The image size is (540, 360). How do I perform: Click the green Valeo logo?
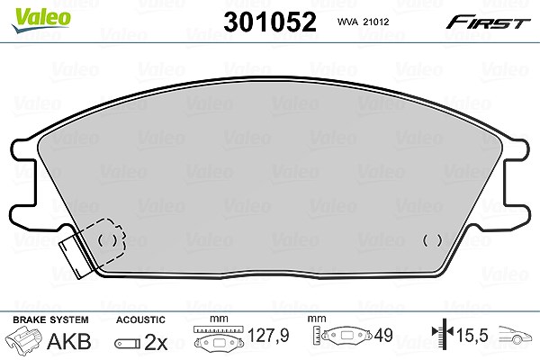(40, 20)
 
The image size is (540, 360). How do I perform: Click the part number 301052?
(270, 22)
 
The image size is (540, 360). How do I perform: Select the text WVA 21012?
(363, 22)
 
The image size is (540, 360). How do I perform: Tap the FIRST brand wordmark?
(488, 22)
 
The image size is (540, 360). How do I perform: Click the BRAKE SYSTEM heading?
(50, 319)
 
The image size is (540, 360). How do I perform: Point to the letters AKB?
(69, 341)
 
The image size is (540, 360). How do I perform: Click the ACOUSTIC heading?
(140, 319)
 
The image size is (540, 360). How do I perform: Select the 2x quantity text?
(156, 342)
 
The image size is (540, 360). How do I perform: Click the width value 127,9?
(268, 335)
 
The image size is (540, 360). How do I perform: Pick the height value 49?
(383, 335)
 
